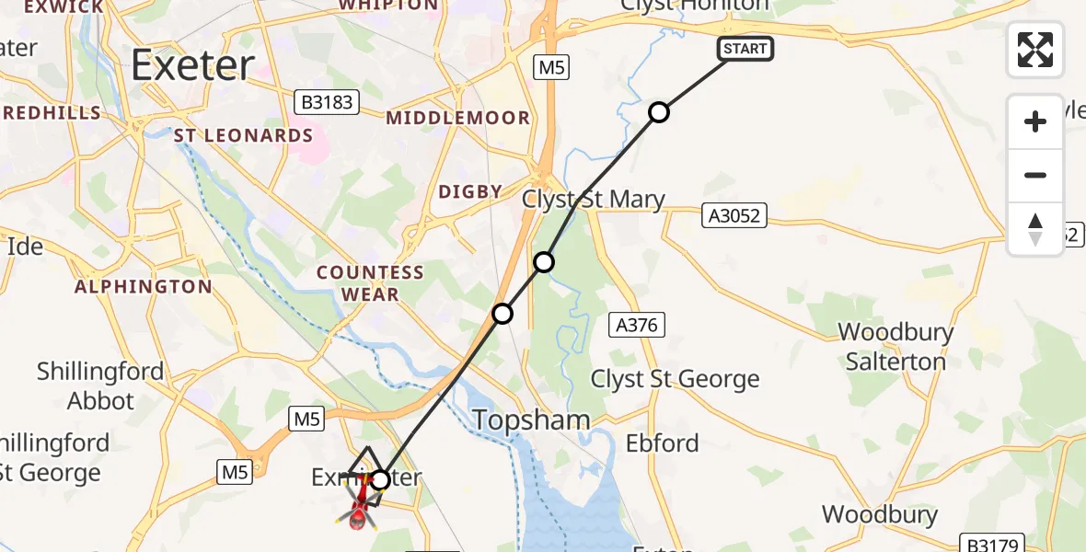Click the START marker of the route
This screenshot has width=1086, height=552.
click(x=745, y=49)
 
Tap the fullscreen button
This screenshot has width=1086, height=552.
click(x=1035, y=50)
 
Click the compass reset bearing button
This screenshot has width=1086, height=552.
click(x=1035, y=229)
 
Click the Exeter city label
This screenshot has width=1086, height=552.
click(x=192, y=65)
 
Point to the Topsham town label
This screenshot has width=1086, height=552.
click(x=531, y=420)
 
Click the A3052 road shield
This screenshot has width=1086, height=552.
click(x=734, y=214)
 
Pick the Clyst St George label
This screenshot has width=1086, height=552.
click(x=675, y=379)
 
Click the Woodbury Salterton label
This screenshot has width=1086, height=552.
click(x=895, y=346)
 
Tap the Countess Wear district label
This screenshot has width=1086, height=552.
click(x=370, y=283)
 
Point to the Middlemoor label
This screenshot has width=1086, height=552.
click(x=458, y=118)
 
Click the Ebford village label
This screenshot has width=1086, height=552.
click(x=662, y=443)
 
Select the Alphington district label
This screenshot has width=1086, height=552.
click(x=143, y=287)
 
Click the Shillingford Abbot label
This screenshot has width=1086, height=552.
click(x=100, y=385)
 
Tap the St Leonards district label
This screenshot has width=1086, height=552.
click(x=244, y=135)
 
